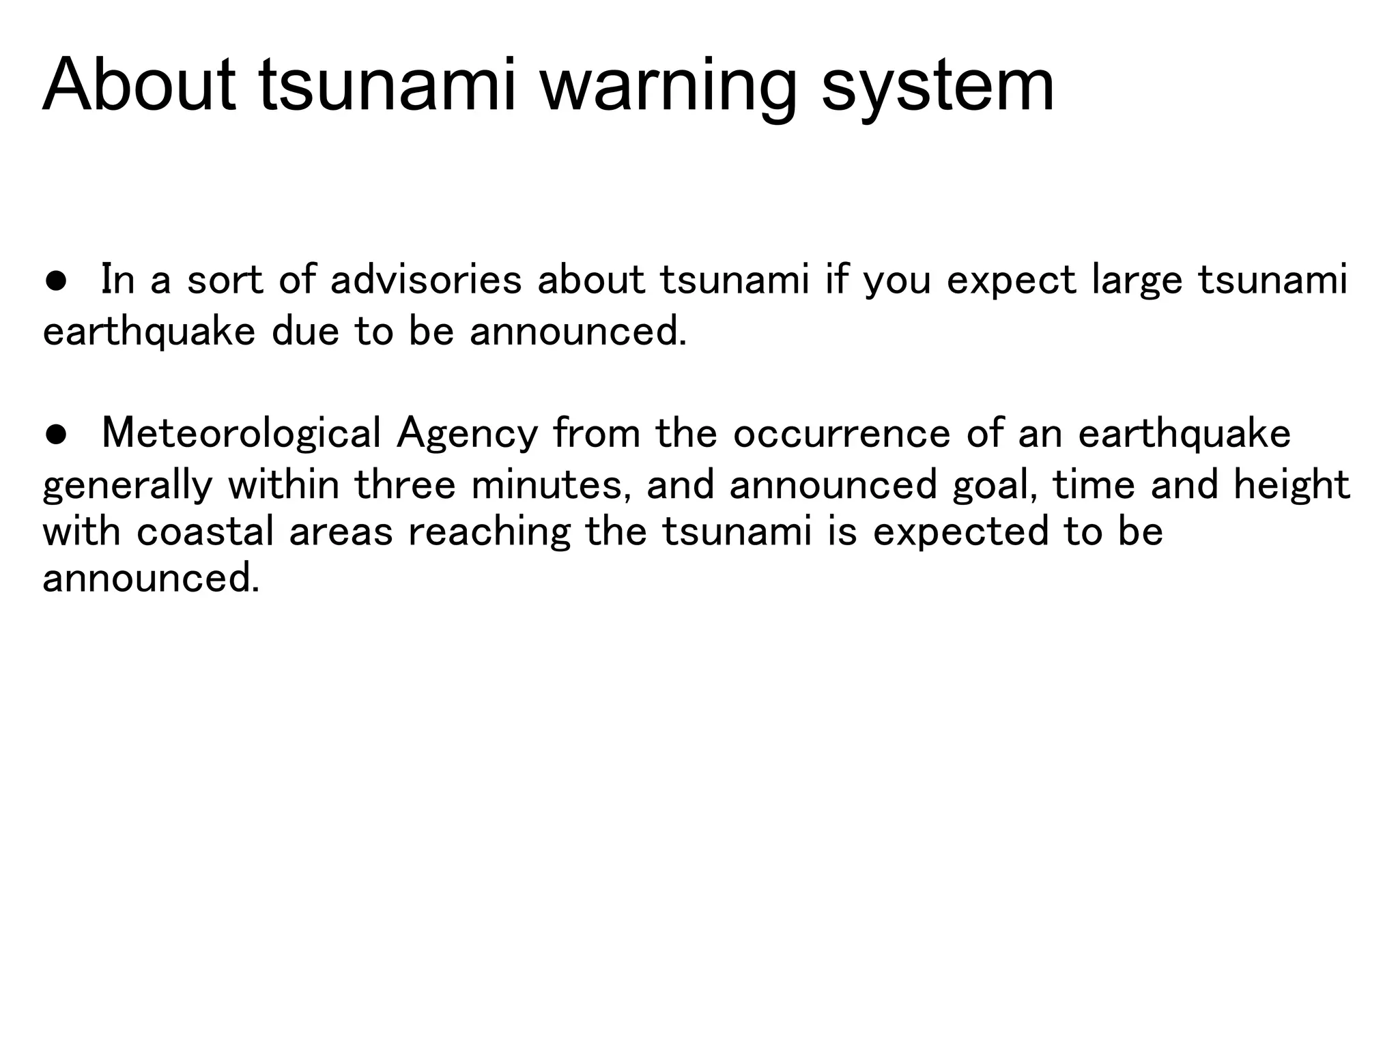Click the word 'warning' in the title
pos(668,87)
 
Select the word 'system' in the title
pos(937,87)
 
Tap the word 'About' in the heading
pos(139,87)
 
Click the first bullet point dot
pos(56,280)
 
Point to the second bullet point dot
pos(56,435)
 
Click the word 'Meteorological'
pos(241,434)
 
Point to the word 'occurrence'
pos(842,434)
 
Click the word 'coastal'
pos(205,532)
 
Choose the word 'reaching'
pos(489,532)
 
